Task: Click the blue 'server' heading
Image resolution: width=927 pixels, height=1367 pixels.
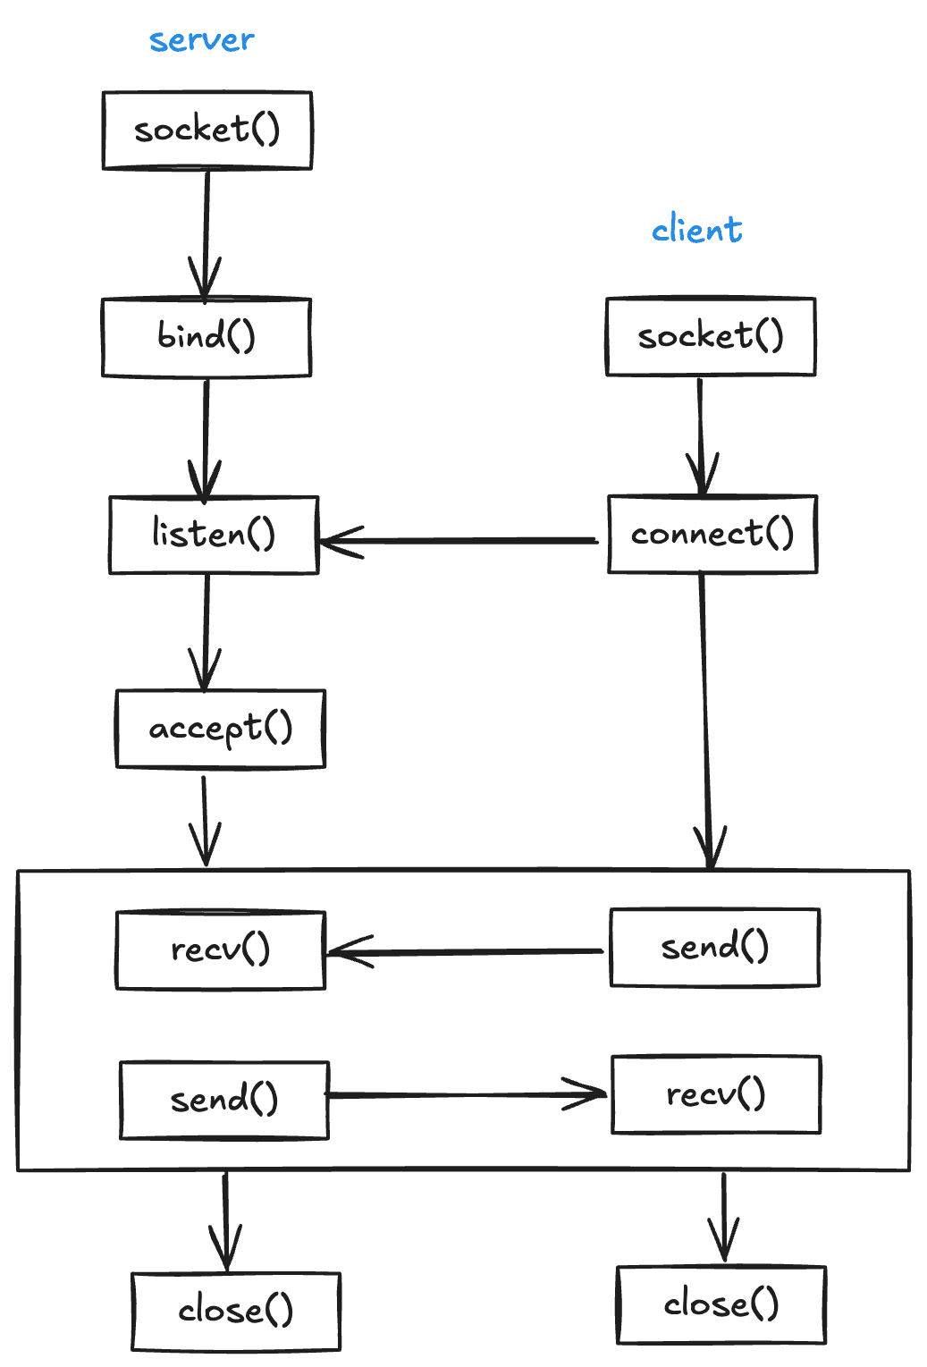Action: pyautogui.click(x=201, y=40)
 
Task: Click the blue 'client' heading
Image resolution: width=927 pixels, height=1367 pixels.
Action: pyautogui.click(x=696, y=230)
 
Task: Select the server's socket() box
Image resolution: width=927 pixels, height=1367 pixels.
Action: pyautogui.click(x=207, y=130)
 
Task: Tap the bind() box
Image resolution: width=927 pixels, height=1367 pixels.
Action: pyautogui.click(x=206, y=337)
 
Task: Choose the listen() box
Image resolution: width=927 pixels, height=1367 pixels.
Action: pyautogui.click(x=214, y=535)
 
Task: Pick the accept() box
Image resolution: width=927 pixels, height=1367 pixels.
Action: pyautogui.click(x=221, y=729)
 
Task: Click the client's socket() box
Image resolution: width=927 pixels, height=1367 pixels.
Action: pyautogui.click(x=711, y=336)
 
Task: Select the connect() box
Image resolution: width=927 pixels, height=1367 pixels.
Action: pyautogui.click(x=712, y=534)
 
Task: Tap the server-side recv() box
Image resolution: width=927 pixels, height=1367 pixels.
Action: pyautogui.click(x=221, y=949)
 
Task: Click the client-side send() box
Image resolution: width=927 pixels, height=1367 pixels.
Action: pyautogui.click(x=714, y=948)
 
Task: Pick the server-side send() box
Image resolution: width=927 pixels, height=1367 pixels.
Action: pyautogui.click(x=224, y=1100)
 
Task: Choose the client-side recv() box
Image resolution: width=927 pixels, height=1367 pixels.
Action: pyautogui.click(x=716, y=1094)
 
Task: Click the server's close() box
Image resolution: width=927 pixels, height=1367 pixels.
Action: pyautogui.click(x=236, y=1311)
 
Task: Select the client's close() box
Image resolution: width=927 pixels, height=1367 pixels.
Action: pyautogui.click(x=721, y=1304)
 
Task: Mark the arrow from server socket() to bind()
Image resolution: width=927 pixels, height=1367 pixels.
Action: pyautogui.click(x=206, y=232)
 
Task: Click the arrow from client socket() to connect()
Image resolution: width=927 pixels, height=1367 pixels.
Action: pyautogui.click(x=701, y=435)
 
